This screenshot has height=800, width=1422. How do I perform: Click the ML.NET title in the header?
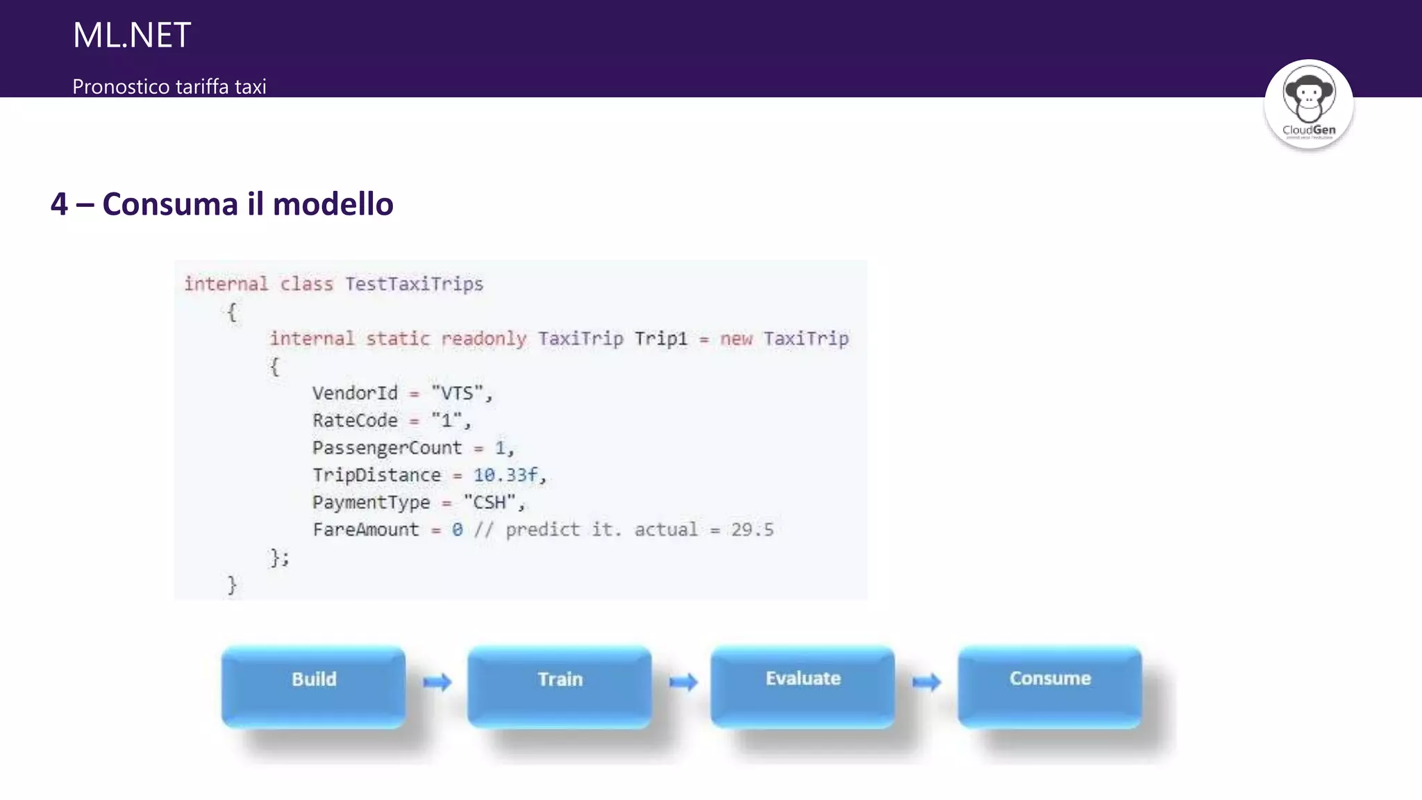pyautogui.click(x=131, y=35)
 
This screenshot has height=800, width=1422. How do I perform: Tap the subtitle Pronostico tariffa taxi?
pyautogui.click(x=169, y=87)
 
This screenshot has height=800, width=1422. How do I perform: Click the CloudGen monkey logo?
pyautogui.click(x=1308, y=103)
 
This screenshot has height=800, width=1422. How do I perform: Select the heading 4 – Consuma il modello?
pyautogui.click(x=221, y=204)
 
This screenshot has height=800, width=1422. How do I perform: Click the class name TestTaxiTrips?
pyautogui.click(x=414, y=284)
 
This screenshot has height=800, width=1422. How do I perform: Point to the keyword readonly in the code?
pyautogui.click(x=483, y=339)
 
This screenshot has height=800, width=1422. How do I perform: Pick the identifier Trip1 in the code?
pyautogui.click(x=660, y=339)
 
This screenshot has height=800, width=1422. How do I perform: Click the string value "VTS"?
pyautogui.click(x=457, y=394)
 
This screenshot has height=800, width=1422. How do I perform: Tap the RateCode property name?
pyautogui.click(x=355, y=421)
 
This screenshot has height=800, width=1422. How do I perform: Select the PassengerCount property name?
pyautogui.click(x=387, y=448)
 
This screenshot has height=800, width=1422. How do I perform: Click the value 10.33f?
pyautogui.click(x=505, y=475)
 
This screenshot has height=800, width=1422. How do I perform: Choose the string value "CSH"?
pyautogui.click(x=490, y=502)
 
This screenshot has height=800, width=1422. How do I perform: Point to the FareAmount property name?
pyautogui.click(x=366, y=530)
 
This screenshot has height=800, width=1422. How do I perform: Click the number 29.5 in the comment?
pyautogui.click(x=752, y=530)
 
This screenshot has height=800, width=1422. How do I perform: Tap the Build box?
pyautogui.click(x=313, y=686)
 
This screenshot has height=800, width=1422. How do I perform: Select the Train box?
pyautogui.click(x=560, y=686)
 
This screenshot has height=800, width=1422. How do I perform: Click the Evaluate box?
pyautogui.click(x=803, y=686)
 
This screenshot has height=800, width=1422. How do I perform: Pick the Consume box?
pyautogui.click(x=1050, y=686)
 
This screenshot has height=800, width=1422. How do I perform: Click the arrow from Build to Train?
pyautogui.click(x=437, y=682)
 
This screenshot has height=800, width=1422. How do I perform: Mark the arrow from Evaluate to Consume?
pyautogui.click(x=926, y=682)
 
